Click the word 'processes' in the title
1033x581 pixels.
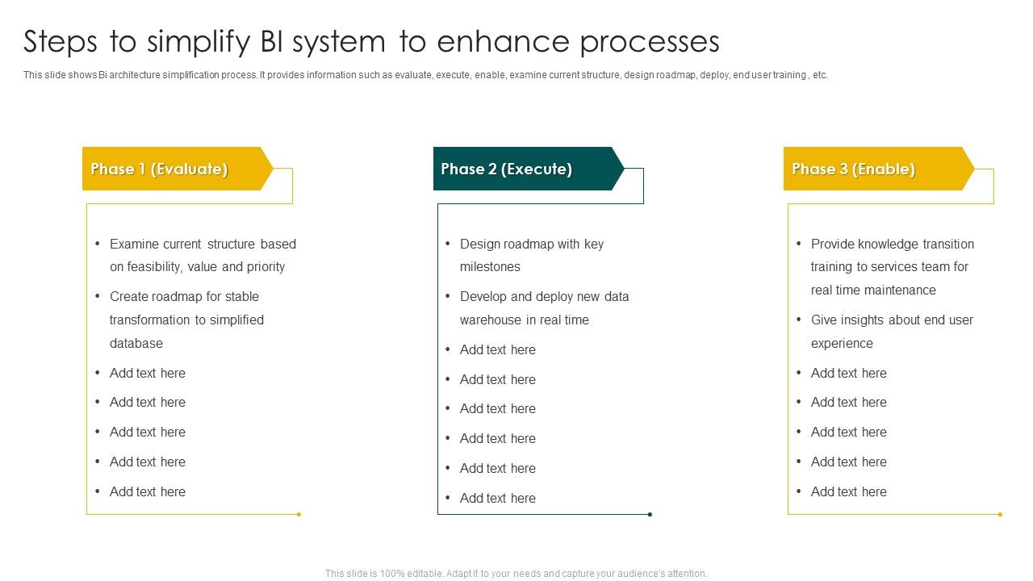(x=650, y=41)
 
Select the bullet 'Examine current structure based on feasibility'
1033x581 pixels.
(x=203, y=255)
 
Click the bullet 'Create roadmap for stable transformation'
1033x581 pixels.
(x=186, y=320)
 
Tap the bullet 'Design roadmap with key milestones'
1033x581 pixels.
(x=531, y=255)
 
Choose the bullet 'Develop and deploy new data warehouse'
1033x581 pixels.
(x=544, y=307)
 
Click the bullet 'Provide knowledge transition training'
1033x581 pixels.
(x=892, y=266)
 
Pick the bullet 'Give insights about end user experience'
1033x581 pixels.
(x=892, y=331)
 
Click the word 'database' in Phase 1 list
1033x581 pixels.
(x=136, y=343)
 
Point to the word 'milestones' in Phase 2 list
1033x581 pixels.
(x=490, y=267)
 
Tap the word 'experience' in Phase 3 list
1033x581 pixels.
(x=842, y=343)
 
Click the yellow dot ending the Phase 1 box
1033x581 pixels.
(x=299, y=514)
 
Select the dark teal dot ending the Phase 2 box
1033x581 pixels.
(x=650, y=514)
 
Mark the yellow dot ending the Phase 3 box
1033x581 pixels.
(x=1000, y=514)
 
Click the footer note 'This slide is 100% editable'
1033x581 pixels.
(x=516, y=574)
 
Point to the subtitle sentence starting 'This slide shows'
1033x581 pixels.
(x=425, y=75)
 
